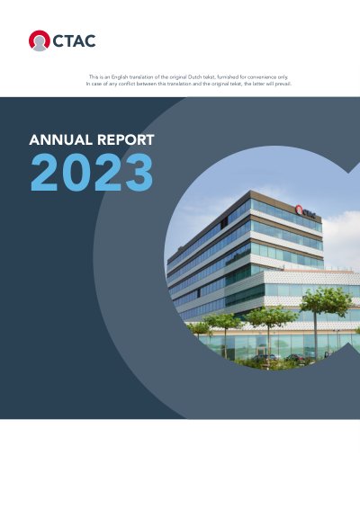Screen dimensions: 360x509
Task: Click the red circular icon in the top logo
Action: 40,40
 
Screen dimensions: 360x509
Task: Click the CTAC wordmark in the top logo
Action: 74,40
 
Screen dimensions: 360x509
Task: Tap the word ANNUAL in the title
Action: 61,140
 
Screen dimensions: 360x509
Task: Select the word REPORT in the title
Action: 126,140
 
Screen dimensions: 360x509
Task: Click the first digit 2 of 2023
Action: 44,173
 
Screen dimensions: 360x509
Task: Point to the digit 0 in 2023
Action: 76,173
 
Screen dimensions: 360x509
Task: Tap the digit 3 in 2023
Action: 139,173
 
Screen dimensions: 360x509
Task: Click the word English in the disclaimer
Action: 120,77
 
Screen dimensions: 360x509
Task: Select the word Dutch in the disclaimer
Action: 194,77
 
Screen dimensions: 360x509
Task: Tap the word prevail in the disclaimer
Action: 283,84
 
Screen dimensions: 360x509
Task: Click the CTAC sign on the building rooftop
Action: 305,211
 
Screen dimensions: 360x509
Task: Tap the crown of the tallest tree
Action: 321,300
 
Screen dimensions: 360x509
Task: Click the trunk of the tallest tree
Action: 315,336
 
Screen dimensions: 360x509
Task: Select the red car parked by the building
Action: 295,358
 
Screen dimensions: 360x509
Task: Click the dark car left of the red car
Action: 264,358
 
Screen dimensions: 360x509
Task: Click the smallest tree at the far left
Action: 199,328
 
